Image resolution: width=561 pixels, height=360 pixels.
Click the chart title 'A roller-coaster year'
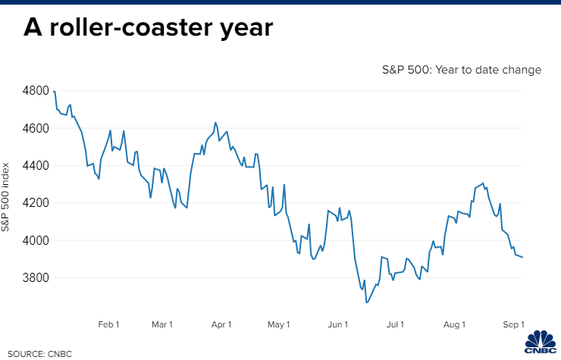point(148,29)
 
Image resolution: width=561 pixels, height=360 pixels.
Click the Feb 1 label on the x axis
point(110,324)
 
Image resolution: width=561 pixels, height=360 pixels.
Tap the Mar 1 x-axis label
point(162,324)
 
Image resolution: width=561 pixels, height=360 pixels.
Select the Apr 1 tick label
point(221,324)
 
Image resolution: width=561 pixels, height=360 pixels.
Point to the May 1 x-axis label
point(279,324)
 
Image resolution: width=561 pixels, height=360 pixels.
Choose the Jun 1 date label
point(337,324)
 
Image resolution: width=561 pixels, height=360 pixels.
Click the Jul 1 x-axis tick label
point(395,324)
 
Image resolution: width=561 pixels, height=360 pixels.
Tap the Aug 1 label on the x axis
point(454,324)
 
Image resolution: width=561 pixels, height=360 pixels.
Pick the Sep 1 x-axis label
point(513,324)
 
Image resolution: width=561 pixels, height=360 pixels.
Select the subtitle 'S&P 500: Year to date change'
point(462,70)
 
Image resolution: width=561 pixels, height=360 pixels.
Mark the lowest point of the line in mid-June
point(366,302)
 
